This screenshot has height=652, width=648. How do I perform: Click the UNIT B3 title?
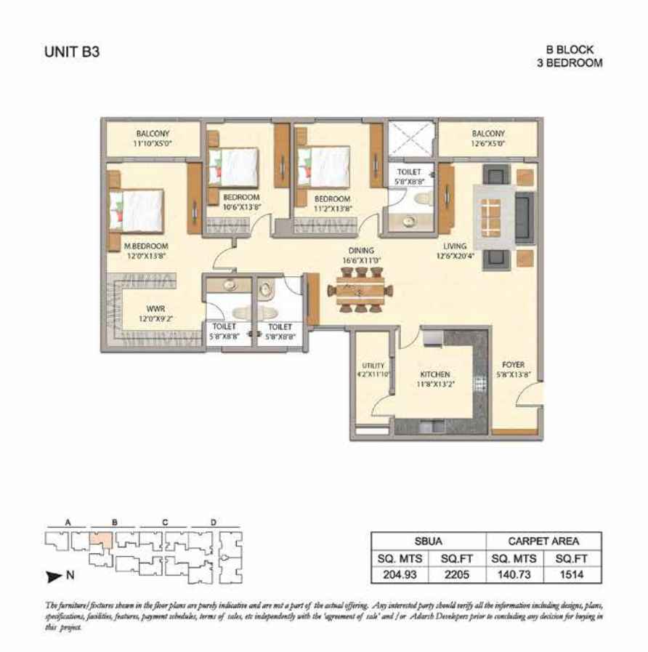pyautogui.click(x=72, y=52)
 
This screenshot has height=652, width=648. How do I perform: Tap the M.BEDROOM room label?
pyautogui.click(x=146, y=246)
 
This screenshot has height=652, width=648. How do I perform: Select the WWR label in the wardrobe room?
pyautogui.click(x=156, y=309)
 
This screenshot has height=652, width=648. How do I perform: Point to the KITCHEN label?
pyautogui.click(x=434, y=374)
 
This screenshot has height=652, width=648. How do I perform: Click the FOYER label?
pyautogui.click(x=514, y=365)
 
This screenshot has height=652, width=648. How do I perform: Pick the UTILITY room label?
pyautogui.click(x=373, y=366)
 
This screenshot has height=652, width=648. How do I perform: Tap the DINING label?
pyautogui.click(x=361, y=251)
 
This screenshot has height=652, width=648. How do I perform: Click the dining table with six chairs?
pyautogui.click(x=360, y=289)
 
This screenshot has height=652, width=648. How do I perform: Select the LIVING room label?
pyautogui.click(x=455, y=246)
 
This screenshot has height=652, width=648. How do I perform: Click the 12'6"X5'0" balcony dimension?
pyautogui.click(x=488, y=144)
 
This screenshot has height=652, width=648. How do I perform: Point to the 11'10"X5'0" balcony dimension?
pyautogui.click(x=153, y=144)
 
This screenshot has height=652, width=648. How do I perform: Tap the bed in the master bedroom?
pyautogui.click(x=137, y=210)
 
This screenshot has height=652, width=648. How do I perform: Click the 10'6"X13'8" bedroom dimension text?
pyautogui.click(x=241, y=207)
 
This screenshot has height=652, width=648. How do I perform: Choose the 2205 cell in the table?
pyautogui.click(x=457, y=575)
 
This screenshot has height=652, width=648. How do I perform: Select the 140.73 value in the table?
pyautogui.click(x=514, y=575)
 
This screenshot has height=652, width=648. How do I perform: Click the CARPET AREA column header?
pyautogui.click(x=543, y=541)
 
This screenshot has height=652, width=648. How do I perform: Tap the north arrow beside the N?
pyautogui.click(x=54, y=576)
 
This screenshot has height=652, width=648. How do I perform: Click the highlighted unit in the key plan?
pyautogui.click(x=101, y=539)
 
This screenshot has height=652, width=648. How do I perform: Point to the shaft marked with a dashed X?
pyautogui.click(x=410, y=139)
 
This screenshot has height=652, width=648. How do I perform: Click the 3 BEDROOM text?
pyautogui.click(x=570, y=63)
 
